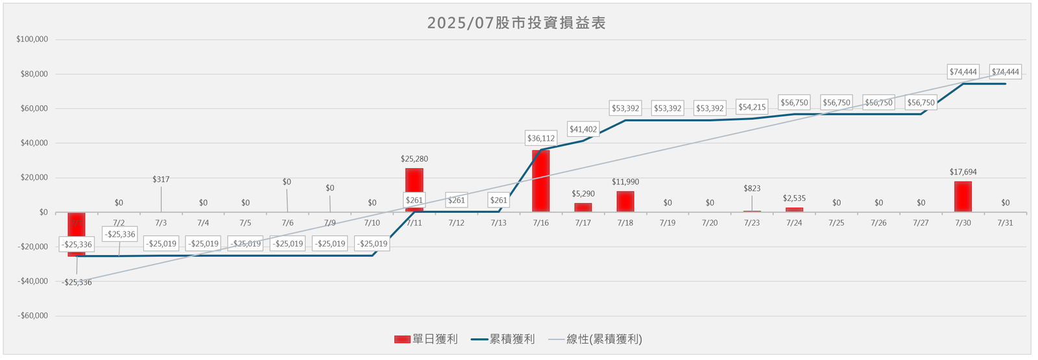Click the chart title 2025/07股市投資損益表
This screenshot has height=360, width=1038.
(x=516, y=23)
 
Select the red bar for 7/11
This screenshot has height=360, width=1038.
(x=415, y=182)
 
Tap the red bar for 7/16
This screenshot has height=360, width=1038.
(x=541, y=181)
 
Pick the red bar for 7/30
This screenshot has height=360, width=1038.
(x=963, y=197)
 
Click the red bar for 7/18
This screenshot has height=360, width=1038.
(x=625, y=202)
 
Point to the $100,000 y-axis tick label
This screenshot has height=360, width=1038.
(x=32, y=39)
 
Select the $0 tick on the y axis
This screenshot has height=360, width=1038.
(x=43, y=212)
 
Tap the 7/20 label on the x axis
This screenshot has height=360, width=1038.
(x=710, y=223)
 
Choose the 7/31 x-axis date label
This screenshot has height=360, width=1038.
(x=1005, y=223)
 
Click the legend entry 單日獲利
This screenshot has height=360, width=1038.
(x=426, y=339)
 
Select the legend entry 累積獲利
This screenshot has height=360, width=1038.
(x=503, y=339)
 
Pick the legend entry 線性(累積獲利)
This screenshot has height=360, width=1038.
(x=596, y=339)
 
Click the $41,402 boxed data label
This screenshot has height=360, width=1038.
(x=583, y=129)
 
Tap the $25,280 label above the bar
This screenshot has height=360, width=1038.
(x=415, y=158)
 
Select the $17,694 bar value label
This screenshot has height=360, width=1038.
(x=963, y=172)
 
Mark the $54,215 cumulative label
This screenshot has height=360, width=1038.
(x=752, y=107)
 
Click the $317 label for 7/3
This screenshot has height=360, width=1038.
(x=161, y=179)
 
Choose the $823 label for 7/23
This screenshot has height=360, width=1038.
(x=752, y=189)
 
